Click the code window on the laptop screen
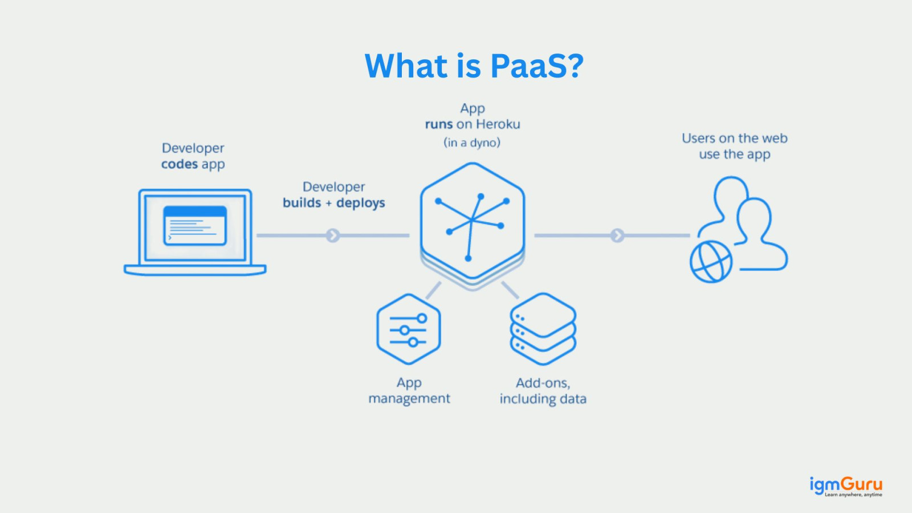[195, 226]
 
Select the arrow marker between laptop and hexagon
[333, 235]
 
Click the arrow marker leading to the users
[617, 235]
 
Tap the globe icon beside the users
[711, 262]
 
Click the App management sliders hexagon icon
[409, 329]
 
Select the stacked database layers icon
[543, 329]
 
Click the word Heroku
[498, 124]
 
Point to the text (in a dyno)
[472, 142]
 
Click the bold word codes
[179, 164]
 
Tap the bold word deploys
[360, 203]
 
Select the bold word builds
[302, 203]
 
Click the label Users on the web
[734, 139]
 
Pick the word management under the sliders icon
[409, 398]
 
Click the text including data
[543, 398]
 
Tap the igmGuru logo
[846, 486]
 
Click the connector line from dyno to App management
[433, 290]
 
